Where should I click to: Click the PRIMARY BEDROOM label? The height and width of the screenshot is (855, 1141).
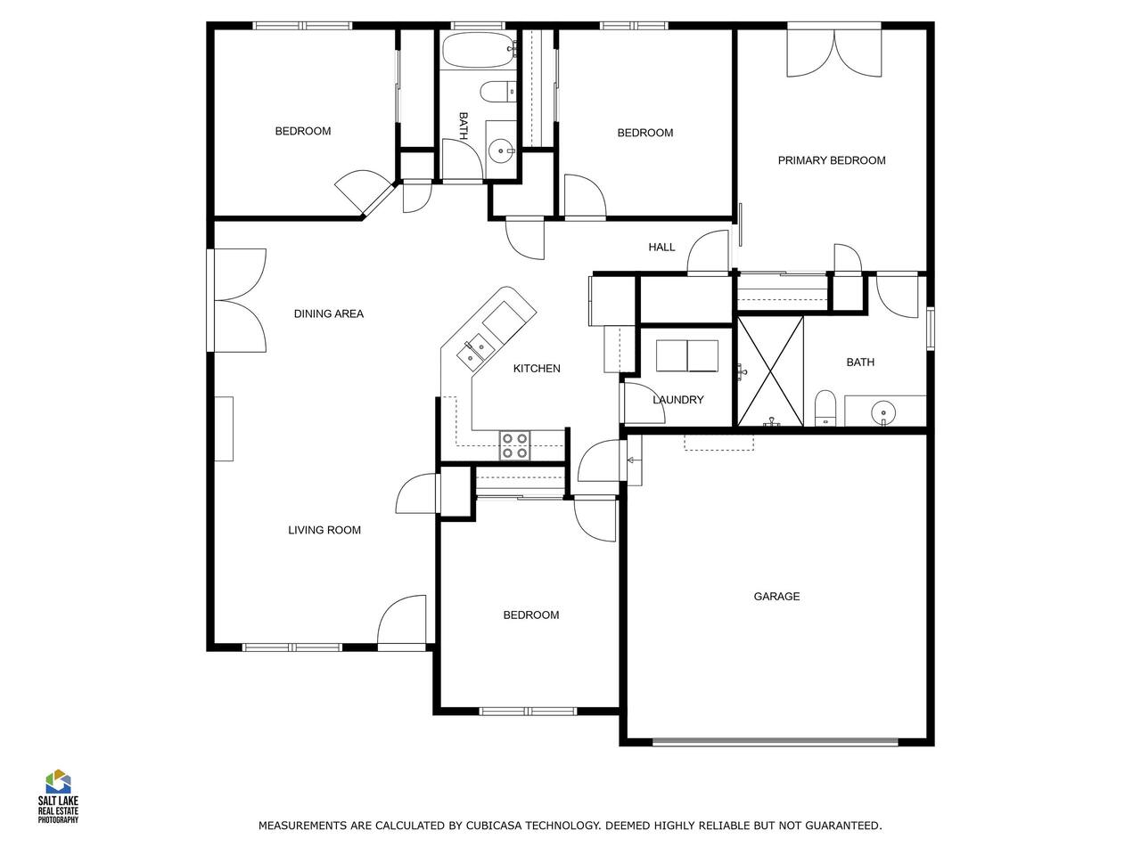click(x=831, y=160)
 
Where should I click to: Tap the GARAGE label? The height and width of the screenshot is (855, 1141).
click(x=776, y=597)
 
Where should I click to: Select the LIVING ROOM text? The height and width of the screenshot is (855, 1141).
click(x=324, y=530)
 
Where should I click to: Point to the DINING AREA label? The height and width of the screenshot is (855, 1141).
click(x=329, y=313)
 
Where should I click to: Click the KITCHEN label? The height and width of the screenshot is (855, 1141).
click(x=537, y=369)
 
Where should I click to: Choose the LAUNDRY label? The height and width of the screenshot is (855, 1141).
click(x=677, y=400)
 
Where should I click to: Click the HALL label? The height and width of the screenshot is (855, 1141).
click(x=661, y=247)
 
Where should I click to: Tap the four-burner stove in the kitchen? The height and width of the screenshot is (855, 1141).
click(x=514, y=445)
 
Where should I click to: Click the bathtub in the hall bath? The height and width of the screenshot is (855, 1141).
click(x=478, y=50)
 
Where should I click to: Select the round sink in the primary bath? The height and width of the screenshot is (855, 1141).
click(x=883, y=412)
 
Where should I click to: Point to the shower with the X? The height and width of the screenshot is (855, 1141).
click(x=770, y=371)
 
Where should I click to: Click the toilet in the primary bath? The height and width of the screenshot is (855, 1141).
click(x=825, y=408)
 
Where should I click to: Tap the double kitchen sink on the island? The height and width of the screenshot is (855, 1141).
click(x=473, y=352)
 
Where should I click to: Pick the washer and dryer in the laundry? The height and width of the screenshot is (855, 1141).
click(x=687, y=356)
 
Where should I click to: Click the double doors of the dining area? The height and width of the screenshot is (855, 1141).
click(x=240, y=300)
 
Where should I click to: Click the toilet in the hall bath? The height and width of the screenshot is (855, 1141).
click(x=497, y=93)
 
